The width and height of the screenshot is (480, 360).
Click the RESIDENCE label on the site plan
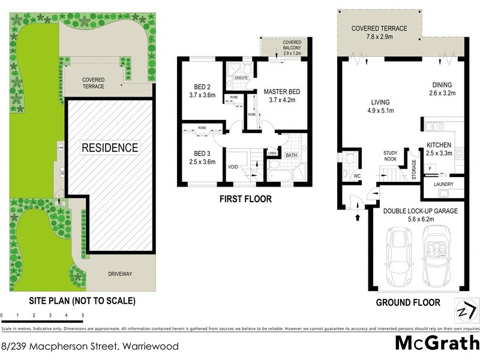point(110,148)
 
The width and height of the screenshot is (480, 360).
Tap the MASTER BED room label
point(281,91)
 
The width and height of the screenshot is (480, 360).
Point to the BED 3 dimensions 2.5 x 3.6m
point(201,161)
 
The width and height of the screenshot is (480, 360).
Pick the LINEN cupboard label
point(272,154)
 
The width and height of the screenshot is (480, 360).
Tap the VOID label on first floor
point(233,168)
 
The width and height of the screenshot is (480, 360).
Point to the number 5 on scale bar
point(83,314)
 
